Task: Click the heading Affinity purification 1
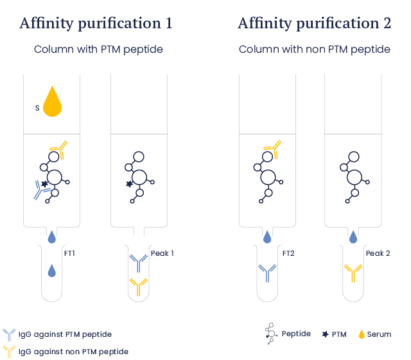coord(96,24)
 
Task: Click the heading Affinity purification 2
coord(315,24)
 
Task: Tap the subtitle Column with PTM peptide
coord(98,50)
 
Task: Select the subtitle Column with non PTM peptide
coord(315,50)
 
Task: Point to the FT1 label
coord(69,253)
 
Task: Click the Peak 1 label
coord(162,253)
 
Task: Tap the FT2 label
coord(288,253)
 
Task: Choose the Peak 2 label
coord(378,253)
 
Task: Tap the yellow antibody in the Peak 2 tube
coord(353,273)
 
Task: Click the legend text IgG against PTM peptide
coord(65,334)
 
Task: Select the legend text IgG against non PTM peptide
coord(73,352)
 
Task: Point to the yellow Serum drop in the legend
coord(362,334)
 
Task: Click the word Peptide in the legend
coord(296,334)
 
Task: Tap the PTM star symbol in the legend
coord(324,334)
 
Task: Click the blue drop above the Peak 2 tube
coord(353,237)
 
